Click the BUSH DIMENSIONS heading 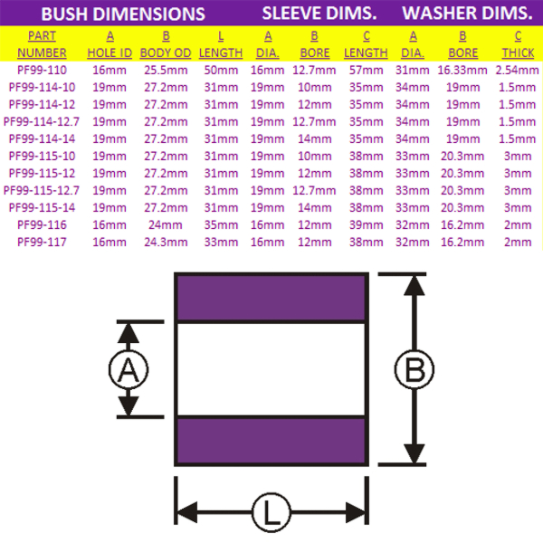point(123,14)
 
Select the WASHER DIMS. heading point(467,14)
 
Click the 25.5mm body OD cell point(166,69)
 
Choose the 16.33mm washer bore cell point(462,69)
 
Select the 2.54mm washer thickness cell point(518,69)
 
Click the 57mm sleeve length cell point(366,69)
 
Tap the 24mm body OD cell point(166,224)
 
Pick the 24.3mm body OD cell point(166,242)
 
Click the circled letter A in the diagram point(128,369)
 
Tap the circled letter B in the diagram point(414,369)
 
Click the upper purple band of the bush point(271,297)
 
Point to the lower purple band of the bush point(271,441)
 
